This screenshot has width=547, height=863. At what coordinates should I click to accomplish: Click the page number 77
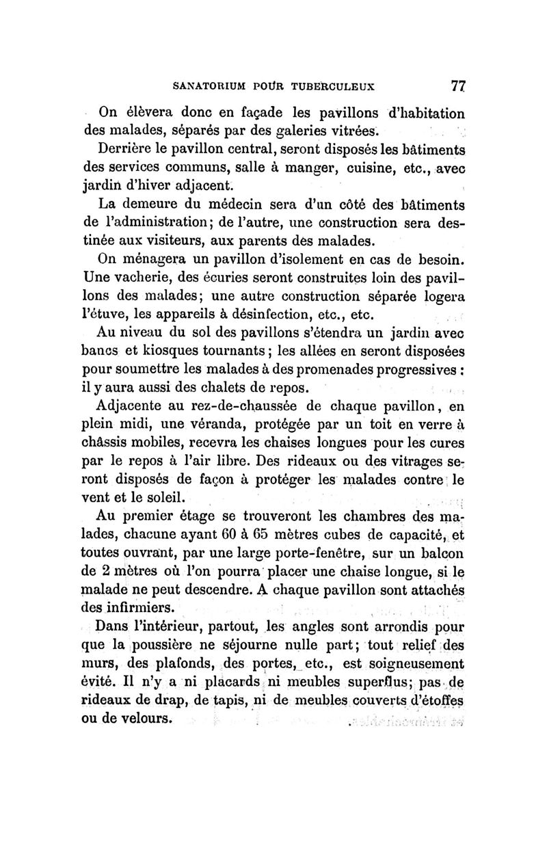[x=458, y=87]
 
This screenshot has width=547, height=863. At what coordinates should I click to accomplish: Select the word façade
[x=245, y=112]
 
